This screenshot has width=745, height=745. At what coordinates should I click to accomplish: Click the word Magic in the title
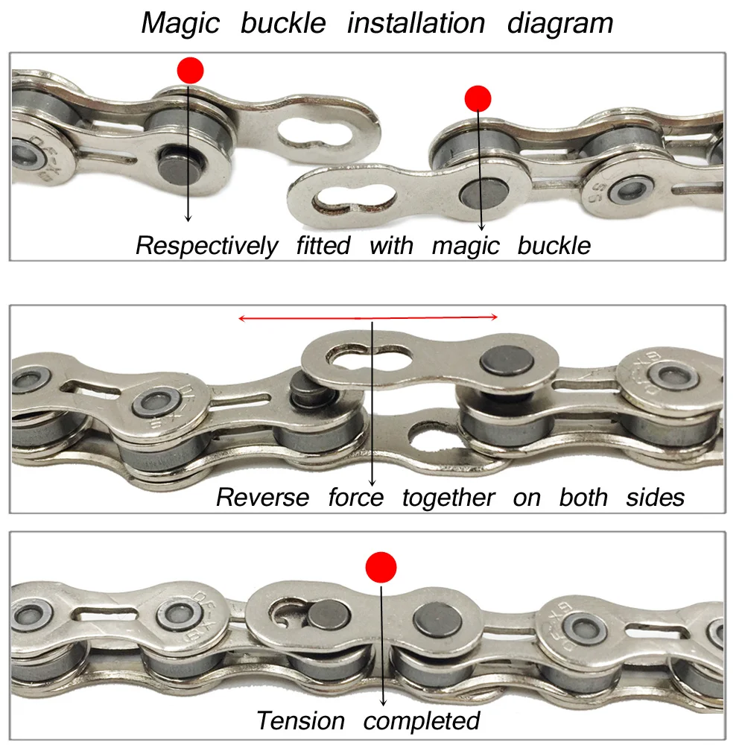click(x=181, y=23)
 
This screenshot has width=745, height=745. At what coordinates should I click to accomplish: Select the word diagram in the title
click(x=560, y=23)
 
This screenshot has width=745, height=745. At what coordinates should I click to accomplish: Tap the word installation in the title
click(x=416, y=23)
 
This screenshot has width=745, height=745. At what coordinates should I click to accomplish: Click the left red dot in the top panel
click(x=190, y=71)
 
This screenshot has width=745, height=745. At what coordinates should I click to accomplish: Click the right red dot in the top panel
click(x=478, y=98)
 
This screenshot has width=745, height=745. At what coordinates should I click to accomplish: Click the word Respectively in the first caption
click(x=206, y=245)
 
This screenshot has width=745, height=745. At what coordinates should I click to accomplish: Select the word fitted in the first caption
click(x=322, y=245)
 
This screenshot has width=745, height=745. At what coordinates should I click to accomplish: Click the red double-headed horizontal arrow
click(x=368, y=318)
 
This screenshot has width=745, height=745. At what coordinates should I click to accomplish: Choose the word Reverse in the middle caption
click(x=262, y=497)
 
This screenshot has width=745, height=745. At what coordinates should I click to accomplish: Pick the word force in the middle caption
click(x=355, y=497)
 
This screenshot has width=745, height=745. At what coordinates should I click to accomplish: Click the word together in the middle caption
click(x=448, y=497)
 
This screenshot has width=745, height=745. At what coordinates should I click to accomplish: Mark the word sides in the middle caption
click(x=655, y=497)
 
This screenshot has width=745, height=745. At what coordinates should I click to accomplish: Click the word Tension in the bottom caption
click(x=301, y=720)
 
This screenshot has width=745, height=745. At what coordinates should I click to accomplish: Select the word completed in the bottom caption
click(x=422, y=720)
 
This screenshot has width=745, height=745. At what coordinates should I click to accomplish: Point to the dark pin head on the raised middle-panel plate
click(x=498, y=361)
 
